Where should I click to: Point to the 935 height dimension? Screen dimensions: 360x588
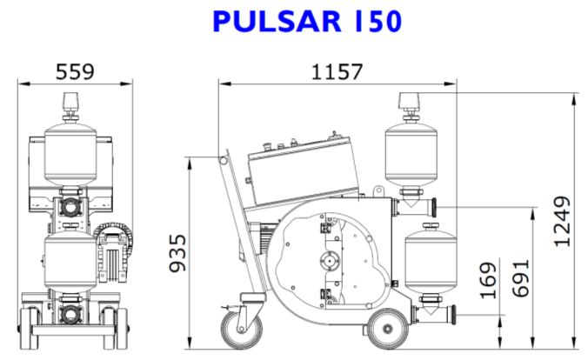178,252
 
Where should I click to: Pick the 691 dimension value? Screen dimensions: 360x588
521,277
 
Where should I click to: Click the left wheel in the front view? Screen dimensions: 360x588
26,330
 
